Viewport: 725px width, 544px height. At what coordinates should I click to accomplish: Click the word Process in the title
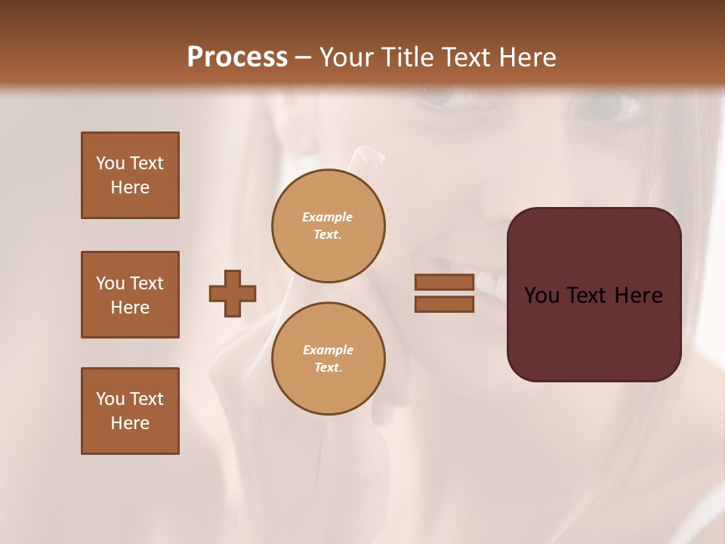tap(237, 57)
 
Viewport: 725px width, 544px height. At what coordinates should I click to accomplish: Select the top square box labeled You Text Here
tap(130, 175)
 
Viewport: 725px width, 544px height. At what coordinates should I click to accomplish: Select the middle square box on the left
tap(130, 295)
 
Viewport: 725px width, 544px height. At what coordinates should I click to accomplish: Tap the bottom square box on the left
tap(130, 411)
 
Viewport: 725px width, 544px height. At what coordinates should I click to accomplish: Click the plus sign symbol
tap(233, 293)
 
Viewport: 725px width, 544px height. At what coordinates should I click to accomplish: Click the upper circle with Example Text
tap(329, 226)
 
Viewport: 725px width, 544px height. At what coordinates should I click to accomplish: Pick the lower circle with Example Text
tap(329, 359)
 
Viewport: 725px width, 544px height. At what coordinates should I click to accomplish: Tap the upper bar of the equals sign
tap(444, 282)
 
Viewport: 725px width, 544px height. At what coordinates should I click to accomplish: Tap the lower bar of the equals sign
tap(444, 304)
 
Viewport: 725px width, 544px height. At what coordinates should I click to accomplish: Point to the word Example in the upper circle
tap(328, 217)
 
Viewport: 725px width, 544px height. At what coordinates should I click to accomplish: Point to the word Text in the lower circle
tap(328, 368)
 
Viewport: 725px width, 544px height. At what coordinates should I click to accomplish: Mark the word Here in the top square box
tap(130, 187)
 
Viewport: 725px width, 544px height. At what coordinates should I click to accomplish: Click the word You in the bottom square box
tap(110, 399)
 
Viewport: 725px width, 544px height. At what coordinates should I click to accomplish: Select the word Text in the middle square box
tap(146, 283)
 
